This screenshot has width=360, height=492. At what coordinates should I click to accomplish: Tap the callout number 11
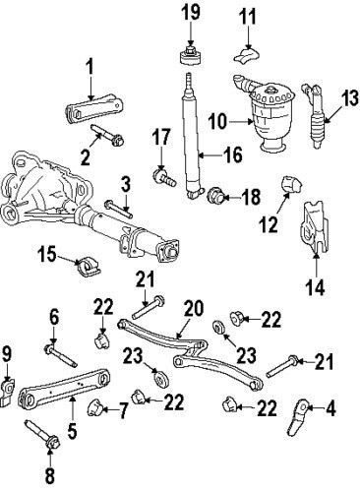point(248,16)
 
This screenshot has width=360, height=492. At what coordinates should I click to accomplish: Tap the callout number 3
point(125,183)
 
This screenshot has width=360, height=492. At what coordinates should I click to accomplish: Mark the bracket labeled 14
point(312,235)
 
